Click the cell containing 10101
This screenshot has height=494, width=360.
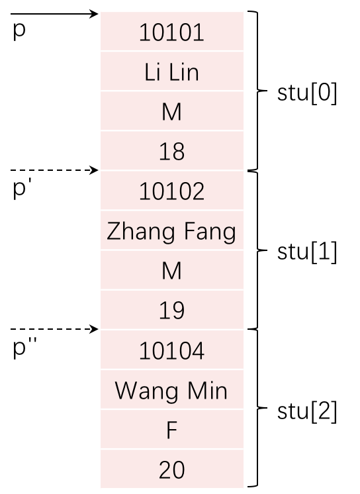click(172, 31)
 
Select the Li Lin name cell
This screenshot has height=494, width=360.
click(172, 72)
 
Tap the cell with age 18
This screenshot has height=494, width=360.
click(172, 150)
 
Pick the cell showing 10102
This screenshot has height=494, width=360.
click(172, 190)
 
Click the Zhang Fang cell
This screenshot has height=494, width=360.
click(172, 230)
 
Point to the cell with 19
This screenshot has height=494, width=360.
click(172, 310)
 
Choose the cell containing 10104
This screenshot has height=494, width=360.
click(172, 350)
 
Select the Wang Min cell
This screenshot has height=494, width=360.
click(172, 389)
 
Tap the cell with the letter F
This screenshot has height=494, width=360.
click(172, 429)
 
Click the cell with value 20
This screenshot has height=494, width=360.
click(172, 469)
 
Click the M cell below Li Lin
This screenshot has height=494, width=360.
click(172, 111)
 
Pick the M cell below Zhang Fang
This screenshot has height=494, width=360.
click(172, 270)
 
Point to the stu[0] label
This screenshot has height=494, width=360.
click(307, 93)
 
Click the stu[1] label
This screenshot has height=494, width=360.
click(307, 252)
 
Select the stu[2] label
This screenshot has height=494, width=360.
click(307, 411)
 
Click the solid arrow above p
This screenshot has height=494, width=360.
click(54, 14)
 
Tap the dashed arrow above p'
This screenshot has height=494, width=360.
click(54, 170)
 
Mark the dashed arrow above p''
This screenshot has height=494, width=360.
click(54, 329)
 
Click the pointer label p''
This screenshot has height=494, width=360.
click(25, 347)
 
